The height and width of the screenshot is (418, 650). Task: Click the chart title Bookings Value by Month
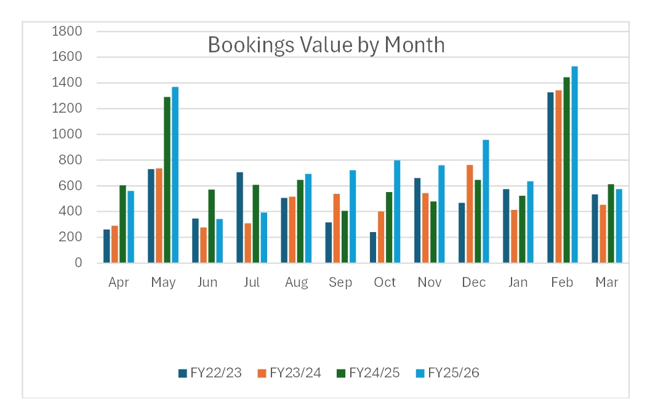point(326,45)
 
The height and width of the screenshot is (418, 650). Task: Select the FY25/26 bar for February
point(574,164)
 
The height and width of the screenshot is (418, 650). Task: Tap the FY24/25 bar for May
point(167,180)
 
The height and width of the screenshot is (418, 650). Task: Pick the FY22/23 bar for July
point(239,218)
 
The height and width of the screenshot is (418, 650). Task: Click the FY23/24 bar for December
point(470,214)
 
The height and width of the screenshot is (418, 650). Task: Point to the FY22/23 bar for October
point(373,247)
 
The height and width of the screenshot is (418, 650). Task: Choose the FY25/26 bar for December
point(486,201)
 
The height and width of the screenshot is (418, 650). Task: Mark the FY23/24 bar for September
point(337,228)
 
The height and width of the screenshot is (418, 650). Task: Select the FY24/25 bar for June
point(211,227)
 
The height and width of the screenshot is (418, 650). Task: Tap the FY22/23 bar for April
point(106,246)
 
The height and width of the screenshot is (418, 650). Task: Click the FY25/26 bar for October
point(397,212)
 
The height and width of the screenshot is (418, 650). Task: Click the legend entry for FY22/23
point(210,373)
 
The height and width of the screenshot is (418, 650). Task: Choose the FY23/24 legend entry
point(289,373)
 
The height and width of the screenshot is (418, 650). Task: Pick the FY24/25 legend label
point(374,373)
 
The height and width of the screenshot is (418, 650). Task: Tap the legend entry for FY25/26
point(447,373)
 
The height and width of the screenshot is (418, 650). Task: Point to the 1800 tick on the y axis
point(66,31)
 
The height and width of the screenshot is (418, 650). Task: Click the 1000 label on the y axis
point(66,134)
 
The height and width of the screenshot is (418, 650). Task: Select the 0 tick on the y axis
point(78,262)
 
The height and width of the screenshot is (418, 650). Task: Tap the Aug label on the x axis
point(297,283)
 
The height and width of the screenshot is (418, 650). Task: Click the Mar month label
point(606,283)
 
